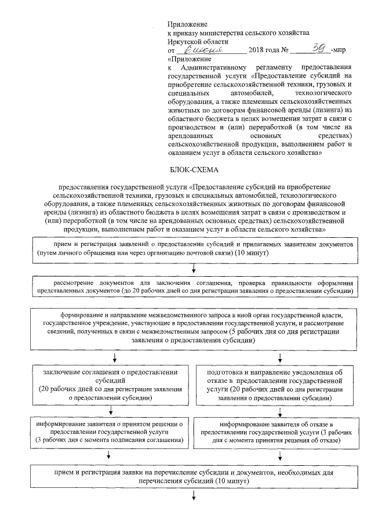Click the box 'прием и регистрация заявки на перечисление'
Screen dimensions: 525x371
pyautogui.click(x=194, y=477)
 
